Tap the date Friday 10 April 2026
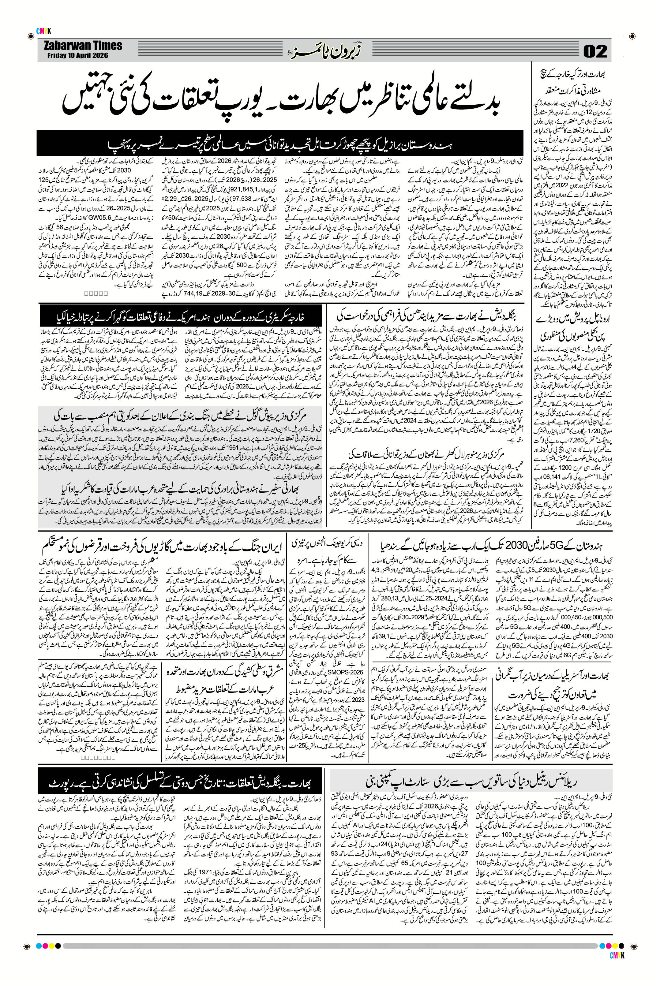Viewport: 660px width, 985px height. coord(77,55)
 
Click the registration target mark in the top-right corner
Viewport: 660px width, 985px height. coord(632,35)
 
